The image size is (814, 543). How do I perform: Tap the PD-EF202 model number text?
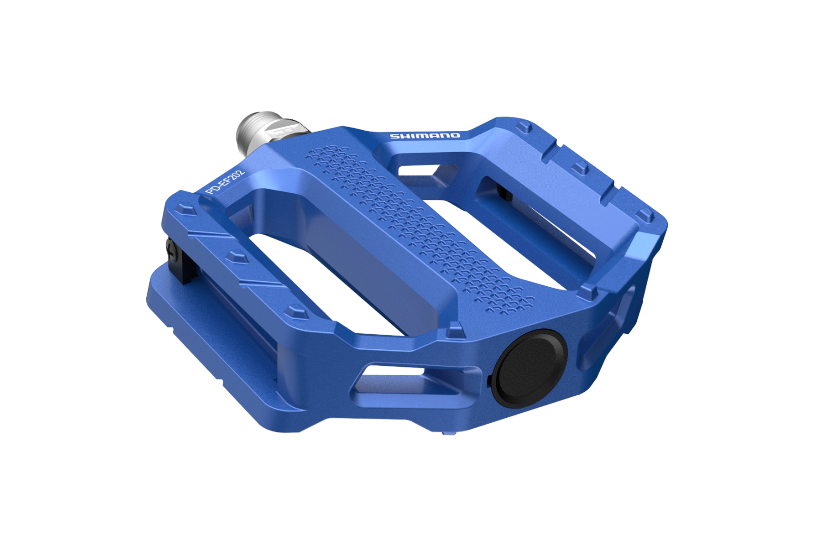225,181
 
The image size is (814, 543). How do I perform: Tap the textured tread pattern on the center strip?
415,225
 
